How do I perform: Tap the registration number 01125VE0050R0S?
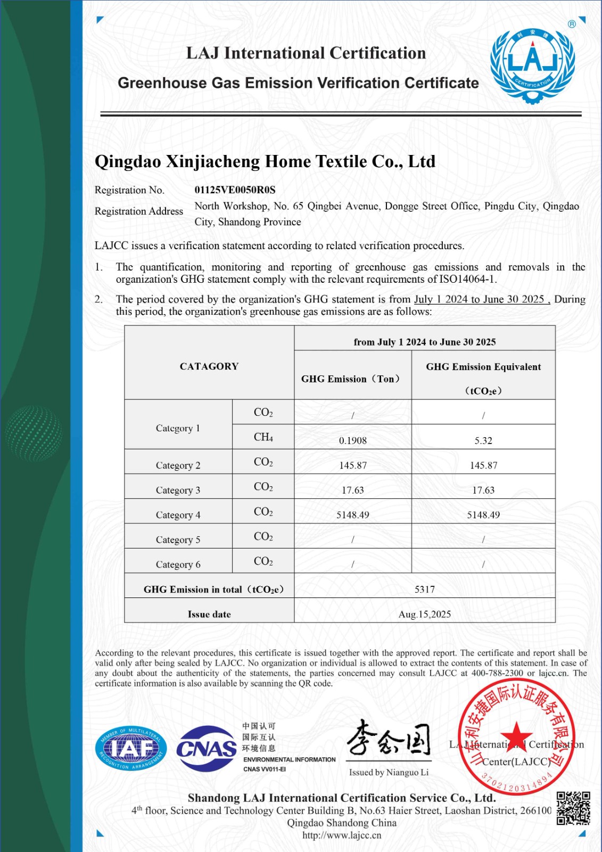coord(235,190)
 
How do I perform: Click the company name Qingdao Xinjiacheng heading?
coord(265,161)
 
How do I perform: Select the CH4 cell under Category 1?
coord(263,437)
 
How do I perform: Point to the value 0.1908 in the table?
coord(353,440)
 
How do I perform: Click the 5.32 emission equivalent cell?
coord(483,440)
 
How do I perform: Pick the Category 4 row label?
coord(178,515)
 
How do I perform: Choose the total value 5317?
coord(425,589)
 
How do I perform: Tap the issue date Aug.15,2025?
coord(425,615)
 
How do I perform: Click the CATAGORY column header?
coord(209,366)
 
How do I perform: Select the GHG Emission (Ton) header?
coord(351,379)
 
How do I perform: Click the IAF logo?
coord(131,749)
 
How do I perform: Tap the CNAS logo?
coord(207,749)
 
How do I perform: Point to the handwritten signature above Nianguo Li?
coord(389,739)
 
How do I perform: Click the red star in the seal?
coord(516,735)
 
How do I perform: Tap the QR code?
coord(573,808)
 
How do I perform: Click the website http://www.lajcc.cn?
coord(342,835)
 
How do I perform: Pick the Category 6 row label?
coord(178,564)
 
